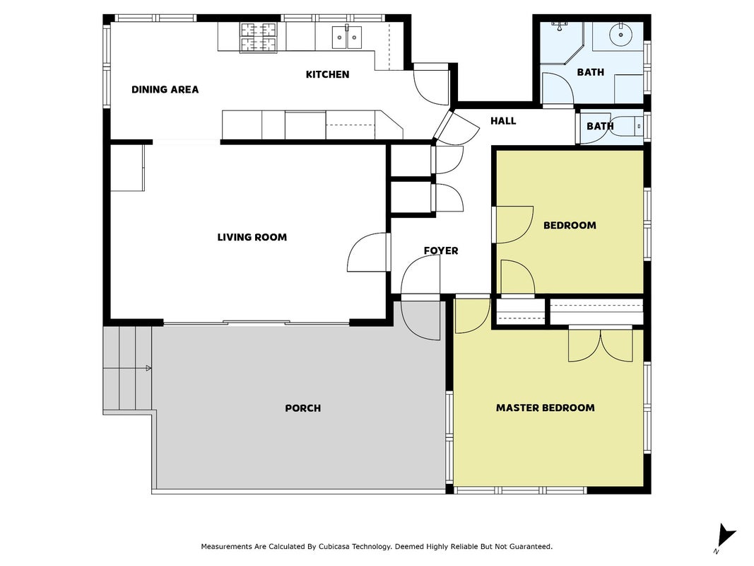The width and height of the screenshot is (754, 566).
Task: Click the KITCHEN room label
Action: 327,74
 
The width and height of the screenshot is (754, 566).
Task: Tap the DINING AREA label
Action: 165,89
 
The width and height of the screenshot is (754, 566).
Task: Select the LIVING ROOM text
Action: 252,237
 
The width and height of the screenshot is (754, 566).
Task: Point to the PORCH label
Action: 303,408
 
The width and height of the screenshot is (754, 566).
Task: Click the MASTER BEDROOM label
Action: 546,408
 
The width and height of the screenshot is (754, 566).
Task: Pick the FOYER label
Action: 441,250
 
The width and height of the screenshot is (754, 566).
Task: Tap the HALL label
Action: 503,121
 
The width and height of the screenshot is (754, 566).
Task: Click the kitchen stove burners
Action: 259,37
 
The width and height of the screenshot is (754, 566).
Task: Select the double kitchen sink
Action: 347,37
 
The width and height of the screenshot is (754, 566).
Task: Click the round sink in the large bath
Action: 621,35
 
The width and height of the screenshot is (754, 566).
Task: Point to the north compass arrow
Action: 726,536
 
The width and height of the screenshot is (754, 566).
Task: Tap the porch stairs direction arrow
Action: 148,368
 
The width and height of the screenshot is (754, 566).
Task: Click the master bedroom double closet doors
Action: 600,344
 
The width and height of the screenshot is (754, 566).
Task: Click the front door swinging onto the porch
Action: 420,320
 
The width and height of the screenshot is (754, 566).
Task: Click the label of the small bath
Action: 600,126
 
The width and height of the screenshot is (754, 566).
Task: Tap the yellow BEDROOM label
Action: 570,225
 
